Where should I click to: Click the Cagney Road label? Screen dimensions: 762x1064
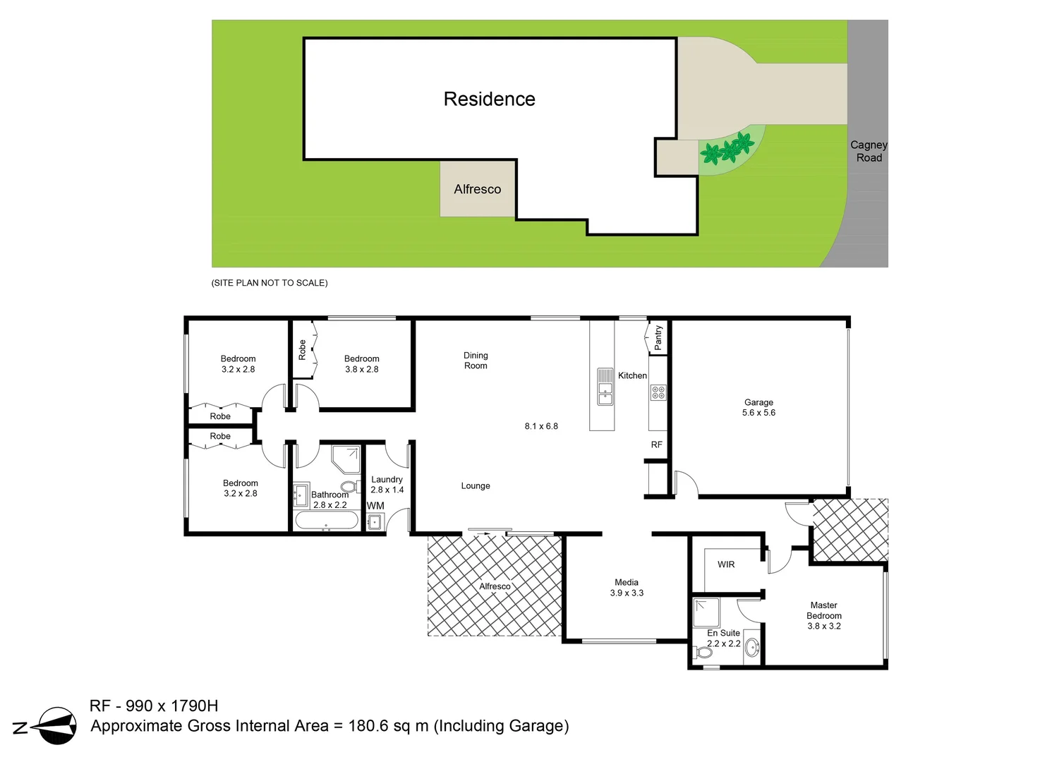[869, 151]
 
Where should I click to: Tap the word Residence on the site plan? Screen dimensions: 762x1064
[489, 99]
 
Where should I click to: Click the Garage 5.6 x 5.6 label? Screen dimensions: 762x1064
[758, 408]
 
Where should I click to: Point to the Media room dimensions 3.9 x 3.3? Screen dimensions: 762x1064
[627, 593]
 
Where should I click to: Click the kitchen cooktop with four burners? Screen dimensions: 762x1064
[658, 392]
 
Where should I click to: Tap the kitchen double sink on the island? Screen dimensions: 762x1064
[605, 387]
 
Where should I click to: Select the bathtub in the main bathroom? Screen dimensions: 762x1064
[326, 521]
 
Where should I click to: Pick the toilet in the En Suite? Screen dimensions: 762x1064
[704, 653]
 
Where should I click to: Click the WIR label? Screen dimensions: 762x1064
[726, 564]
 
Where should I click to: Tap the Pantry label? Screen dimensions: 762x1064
[658, 337]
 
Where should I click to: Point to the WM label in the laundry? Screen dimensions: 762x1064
[375, 506]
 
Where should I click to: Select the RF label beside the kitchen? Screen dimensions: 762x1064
[657, 445]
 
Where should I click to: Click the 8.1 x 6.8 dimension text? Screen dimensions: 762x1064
[541, 426]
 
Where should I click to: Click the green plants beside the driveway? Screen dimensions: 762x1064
[729, 149]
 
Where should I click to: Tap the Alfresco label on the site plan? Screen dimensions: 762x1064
[477, 189]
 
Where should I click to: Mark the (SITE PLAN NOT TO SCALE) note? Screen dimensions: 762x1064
[270, 283]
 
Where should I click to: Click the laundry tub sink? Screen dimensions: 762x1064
[374, 522]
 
